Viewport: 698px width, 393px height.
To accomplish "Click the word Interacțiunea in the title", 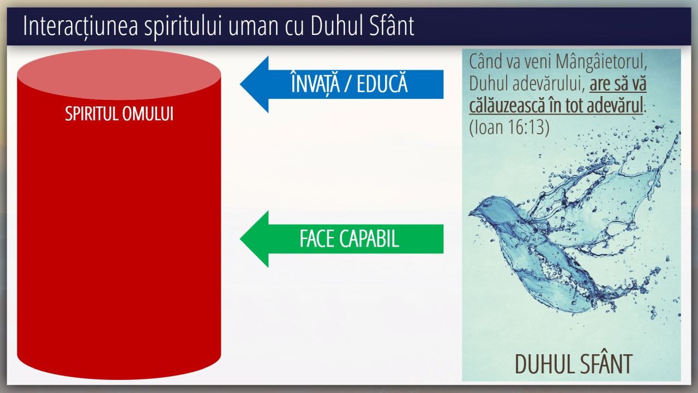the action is tap(80, 26).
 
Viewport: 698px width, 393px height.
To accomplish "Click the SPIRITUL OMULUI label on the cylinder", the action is tap(119, 114).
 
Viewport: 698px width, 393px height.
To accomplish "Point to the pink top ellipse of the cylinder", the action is tap(119, 74).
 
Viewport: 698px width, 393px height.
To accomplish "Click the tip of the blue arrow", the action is tap(240, 84).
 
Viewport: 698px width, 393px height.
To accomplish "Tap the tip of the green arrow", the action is tap(240, 239).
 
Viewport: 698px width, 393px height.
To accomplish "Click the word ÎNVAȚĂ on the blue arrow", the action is tap(315, 83).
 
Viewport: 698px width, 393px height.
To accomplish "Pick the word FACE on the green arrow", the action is tap(317, 239).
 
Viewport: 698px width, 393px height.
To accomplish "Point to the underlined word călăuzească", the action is tap(507, 105).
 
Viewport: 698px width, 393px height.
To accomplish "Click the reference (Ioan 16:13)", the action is tap(509, 127).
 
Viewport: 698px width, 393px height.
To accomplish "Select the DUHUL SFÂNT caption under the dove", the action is tap(574, 364).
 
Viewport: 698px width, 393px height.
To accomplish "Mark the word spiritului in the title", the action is tap(183, 27).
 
